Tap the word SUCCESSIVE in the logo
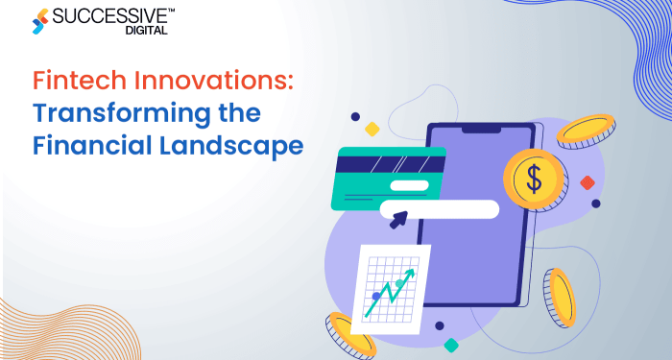tap(108, 15)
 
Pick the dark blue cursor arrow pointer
tap(397, 221)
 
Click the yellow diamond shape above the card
tap(372, 129)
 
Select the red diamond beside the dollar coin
tap(588, 182)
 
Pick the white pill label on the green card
tap(409, 184)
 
